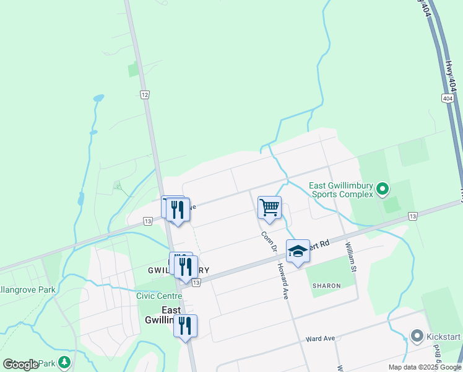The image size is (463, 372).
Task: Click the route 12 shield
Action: pyautogui.click(x=144, y=94)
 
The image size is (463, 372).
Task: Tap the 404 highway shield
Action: pyautogui.click(x=448, y=99)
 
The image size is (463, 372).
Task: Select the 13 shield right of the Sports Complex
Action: pyautogui.click(x=413, y=216)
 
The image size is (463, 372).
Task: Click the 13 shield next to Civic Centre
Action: pyautogui.click(x=196, y=283)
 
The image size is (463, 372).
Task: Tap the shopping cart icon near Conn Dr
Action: pyautogui.click(x=269, y=208)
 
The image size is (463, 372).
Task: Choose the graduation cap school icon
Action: pyautogui.click(x=298, y=251)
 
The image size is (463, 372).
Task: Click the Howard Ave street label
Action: pyautogui.click(x=283, y=281)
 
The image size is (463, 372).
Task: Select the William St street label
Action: pyautogui.click(x=351, y=257)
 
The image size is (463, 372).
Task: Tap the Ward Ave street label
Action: pyautogui.click(x=320, y=339)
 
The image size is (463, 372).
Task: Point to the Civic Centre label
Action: pyautogui.click(x=159, y=296)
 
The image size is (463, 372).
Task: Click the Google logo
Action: pyautogui.click(x=21, y=365)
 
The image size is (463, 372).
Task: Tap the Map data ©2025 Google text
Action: pyautogui.click(x=423, y=367)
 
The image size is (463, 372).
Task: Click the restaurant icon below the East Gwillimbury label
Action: pyautogui.click(x=185, y=325)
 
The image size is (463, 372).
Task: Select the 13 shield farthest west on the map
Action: pyautogui.click(x=147, y=221)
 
